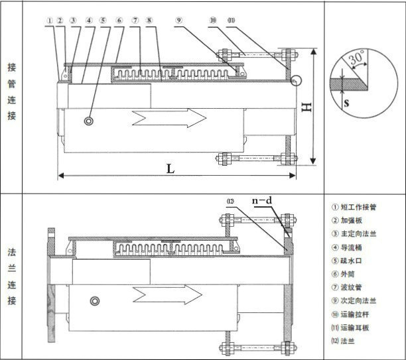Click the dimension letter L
pyautogui.click(x=170, y=168)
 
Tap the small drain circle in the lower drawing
pyautogui.click(x=96, y=301)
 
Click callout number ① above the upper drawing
pyautogui.click(x=50, y=21)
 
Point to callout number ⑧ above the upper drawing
pyautogui.click(x=149, y=21)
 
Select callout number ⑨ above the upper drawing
pyautogui.click(x=178, y=21)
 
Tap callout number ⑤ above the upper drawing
pyautogui.click(x=103, y=21)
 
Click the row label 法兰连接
pyautogui.click(x=12, y=276)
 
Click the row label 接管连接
pyautogui.click(x=12, y=91)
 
